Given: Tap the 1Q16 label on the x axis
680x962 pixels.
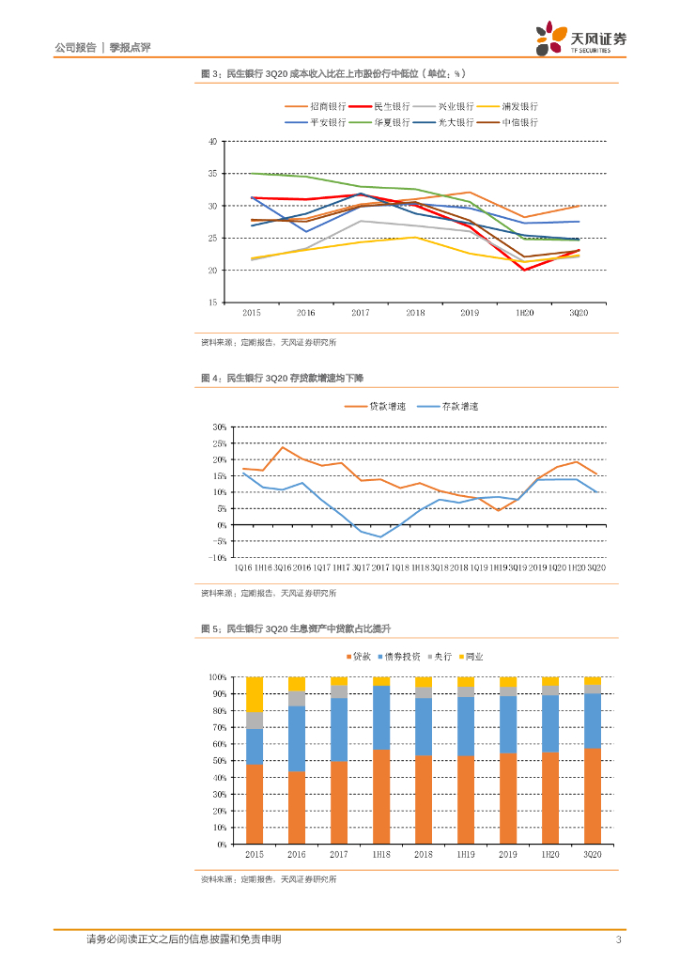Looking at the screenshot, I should click(x=242, y=568).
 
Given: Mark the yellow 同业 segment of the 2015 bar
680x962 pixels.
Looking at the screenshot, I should click(x=254, y=693).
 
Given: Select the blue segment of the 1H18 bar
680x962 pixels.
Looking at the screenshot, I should click(x=381, y=718).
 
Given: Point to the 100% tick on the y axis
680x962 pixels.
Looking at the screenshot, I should click(x=215, y=677).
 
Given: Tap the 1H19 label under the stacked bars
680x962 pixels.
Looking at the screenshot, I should click(x=465, y=855).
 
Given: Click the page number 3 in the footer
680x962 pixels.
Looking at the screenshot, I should click(x=618, y=939).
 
